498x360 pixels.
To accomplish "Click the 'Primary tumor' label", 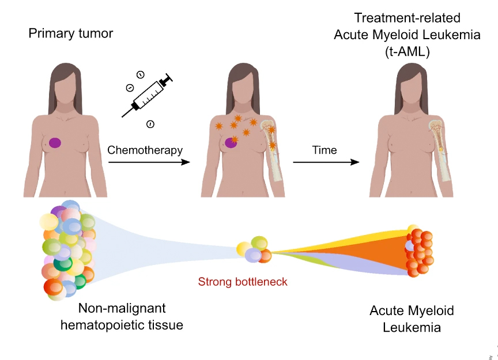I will tap(70, 33).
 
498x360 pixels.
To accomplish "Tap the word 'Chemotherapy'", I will tap(145, 150).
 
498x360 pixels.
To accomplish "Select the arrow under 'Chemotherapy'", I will tap(149, 162).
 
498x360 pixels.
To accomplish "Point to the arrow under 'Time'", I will tap(326, 162).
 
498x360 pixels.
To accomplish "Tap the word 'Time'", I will tap(325, 150).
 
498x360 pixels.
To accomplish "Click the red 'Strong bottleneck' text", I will tap(242, 282).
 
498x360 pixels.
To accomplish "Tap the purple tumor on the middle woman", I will tap(232, 141).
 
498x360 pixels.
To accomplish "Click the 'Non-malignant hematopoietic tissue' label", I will tap(122, 317).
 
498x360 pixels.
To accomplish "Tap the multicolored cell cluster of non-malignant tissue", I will tap(68, 249).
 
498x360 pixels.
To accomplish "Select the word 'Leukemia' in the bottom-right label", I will tap(412, 328).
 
